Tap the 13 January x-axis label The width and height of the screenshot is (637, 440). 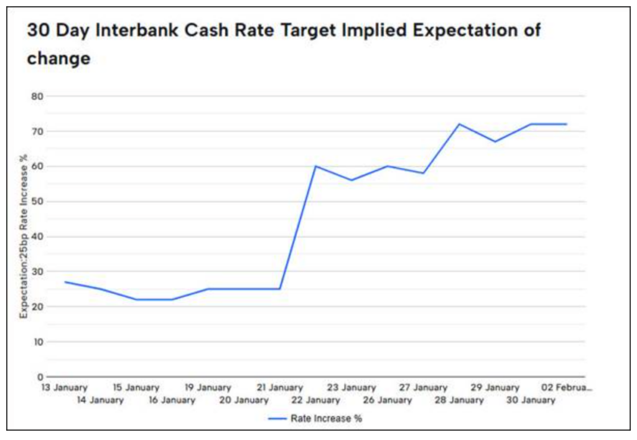point(65,388)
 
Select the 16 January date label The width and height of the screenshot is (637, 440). point(172,400)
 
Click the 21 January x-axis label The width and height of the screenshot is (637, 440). point(280,388)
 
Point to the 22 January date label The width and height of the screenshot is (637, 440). point(316,400)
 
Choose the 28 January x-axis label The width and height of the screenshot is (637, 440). point(460,400)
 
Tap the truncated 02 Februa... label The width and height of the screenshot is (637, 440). point(566,388)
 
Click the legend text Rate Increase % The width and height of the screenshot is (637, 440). point(326,419)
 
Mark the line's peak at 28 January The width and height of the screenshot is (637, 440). point(459,124)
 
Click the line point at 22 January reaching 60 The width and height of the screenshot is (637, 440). point(315,166)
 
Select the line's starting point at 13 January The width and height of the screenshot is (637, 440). point(65,282)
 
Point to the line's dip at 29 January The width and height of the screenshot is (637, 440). point(495,141)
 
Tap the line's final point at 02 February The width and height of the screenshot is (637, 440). point(566,124)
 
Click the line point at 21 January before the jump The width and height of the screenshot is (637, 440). point(280,289)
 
